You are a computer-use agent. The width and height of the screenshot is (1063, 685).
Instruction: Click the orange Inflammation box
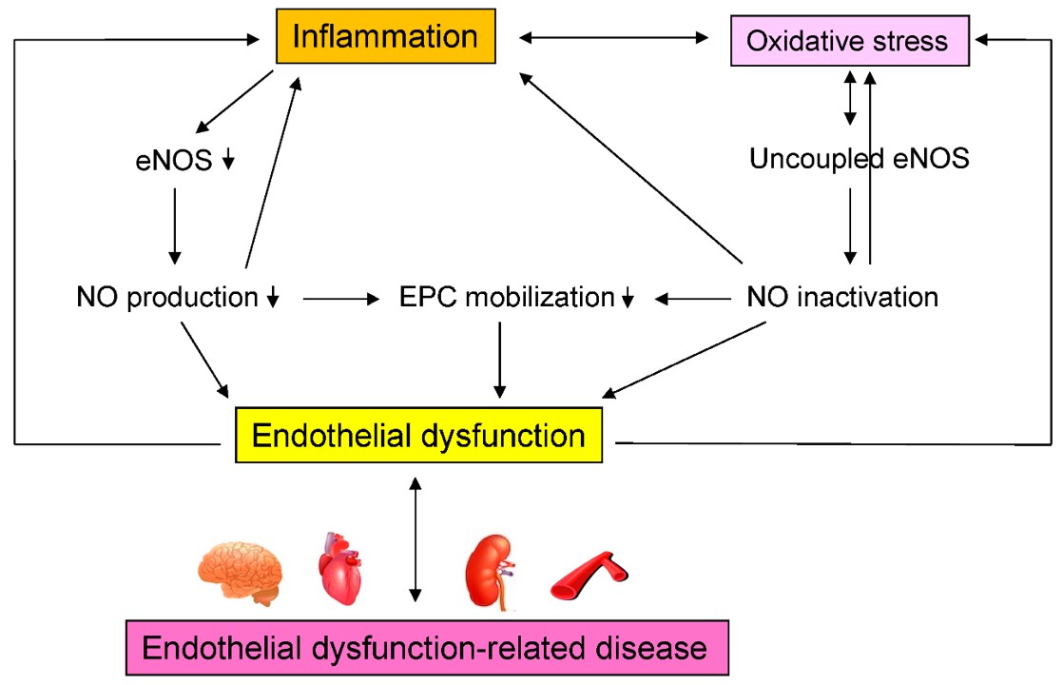click(385, 37)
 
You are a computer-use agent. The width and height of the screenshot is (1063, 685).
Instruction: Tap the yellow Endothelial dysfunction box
click(418, 436)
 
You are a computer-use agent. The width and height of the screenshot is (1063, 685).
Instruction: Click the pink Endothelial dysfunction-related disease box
click(426, 650)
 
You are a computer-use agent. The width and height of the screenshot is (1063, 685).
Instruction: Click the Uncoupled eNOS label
click(859, 159)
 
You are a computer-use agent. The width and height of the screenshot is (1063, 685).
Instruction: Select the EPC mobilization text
click(508, 298)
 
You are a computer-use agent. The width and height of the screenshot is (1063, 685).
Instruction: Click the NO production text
click(167, 298)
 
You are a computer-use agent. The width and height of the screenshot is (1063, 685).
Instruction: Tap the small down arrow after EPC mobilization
click(628, 299)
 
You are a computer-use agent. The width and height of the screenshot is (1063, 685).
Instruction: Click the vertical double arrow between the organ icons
click(415, 538)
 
